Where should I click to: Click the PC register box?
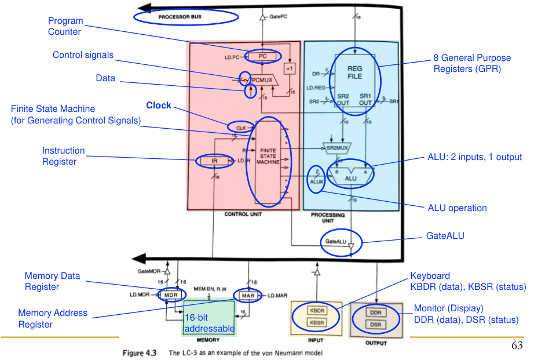click(262, 56)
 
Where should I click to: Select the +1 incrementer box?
click(290, 68)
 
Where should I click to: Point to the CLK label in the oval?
click(240, 126)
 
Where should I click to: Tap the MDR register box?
click(170, 295)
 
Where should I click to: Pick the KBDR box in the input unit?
click(317, 311)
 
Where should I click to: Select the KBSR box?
click(317, 322)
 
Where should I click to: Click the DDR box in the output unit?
click(375, 312)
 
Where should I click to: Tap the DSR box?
click(375, 324)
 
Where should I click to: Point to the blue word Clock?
click(158, 106)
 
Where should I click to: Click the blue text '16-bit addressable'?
click(209, 323)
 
